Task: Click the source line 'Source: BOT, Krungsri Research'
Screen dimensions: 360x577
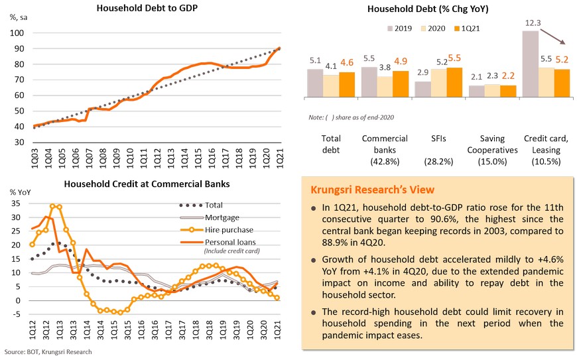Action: coord(47,351)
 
